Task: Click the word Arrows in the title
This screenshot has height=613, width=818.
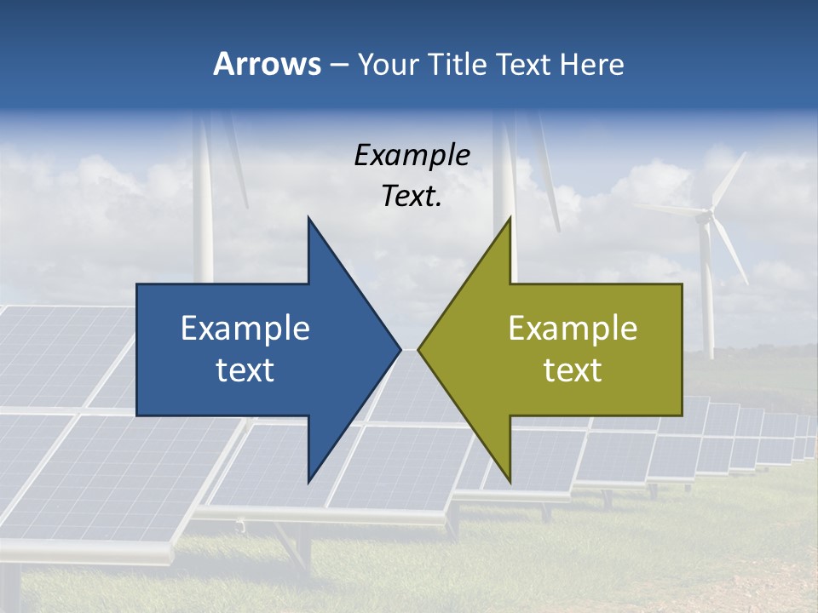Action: (267, 64)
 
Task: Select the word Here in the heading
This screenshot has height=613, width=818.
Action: (593, 64)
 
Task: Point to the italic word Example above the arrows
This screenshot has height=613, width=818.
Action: (412, 155)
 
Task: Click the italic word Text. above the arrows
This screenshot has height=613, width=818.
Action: (412, 196)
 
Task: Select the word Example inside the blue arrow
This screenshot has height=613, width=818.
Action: (245, 328)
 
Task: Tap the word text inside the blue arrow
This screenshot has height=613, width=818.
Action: (245, 370)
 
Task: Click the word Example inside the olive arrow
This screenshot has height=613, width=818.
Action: (573, 328)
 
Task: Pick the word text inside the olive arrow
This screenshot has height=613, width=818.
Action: (573, 370)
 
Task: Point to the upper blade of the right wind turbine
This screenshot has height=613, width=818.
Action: (729, 180)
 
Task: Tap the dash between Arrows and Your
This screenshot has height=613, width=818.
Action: (338, 65)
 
